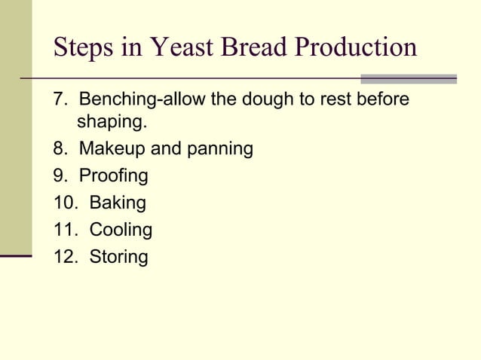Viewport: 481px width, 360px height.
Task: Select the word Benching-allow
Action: pyautogui.click(x=143, y=99)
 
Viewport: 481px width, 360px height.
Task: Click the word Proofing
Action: pyautogui.click(x=113, y=176)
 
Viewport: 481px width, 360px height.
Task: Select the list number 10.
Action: pyautogui.click(x=63, y=203)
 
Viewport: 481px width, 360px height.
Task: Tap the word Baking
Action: pyautogui.click(x=118, y=203)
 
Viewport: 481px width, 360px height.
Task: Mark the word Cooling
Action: pyautogui.click(x=121, y=230)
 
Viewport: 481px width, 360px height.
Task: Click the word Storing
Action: pyautogui.click(x=118, y=257)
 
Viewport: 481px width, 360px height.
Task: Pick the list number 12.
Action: pyautogui.click(x=63, y=257)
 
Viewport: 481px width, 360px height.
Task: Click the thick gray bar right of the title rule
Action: pyautogui.click(x=409, y=78)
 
